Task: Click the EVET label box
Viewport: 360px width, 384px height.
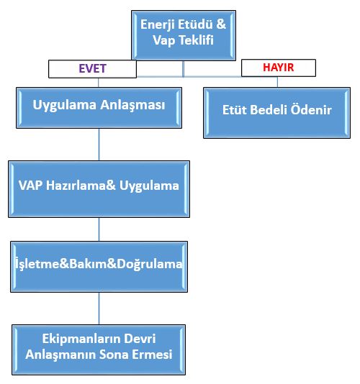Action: coord(92,69)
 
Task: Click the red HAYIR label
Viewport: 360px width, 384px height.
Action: coord(279,68)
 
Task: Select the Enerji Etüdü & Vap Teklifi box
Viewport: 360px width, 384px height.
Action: coord(184,35)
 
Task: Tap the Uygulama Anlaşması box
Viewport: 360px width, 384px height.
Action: coord(99,108)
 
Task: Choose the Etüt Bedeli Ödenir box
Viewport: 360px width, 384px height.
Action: coord(277,113)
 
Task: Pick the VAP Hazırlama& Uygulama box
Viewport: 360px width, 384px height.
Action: coord(99,189)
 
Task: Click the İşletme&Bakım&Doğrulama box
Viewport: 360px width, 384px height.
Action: coord(99,267)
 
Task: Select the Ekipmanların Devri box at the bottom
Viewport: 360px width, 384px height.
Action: coord(99,349)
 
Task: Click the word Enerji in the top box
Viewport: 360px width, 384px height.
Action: coord(158,25)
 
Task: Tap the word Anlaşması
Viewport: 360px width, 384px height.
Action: coord(132,106)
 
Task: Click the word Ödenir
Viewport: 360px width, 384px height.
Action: coord(311,109)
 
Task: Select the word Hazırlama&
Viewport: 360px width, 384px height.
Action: coord(81,185)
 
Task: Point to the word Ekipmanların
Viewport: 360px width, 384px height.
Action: coord(81,339)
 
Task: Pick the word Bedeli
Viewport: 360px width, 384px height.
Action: coord(269,110)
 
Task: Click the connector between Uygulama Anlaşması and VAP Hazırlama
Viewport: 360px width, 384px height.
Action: coord(99,145)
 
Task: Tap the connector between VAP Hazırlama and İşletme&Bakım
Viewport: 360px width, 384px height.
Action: coord(99,229)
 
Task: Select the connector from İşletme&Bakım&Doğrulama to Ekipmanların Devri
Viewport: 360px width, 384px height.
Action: coord(99,308)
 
